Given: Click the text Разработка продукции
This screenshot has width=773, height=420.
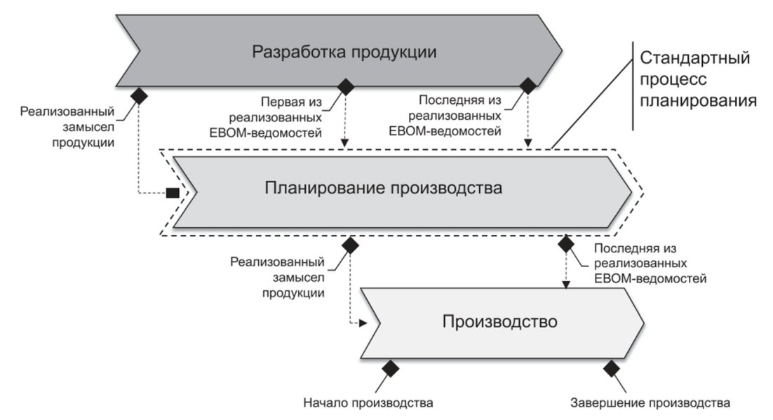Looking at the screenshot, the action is pyautogui.click(x=344, y=53).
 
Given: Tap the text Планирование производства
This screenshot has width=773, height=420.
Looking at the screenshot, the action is pyautogui.click(x=383, y=188).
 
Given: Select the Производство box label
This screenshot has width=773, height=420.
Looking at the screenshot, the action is pyautogui.click(x=499, y=321).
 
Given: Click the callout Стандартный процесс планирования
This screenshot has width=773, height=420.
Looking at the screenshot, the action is pyautogui.click(x=697, y=79).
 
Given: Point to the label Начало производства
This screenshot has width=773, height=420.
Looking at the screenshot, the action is pyautogui.click(x=368, y=402).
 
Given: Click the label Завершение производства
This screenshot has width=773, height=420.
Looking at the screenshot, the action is pyautogui.click(x=650, y=402).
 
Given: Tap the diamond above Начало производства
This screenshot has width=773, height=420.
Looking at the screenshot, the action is pyautogui.click(x=391, y=368).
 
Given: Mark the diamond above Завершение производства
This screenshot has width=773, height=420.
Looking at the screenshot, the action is pyautogui.click(x=611, y=368).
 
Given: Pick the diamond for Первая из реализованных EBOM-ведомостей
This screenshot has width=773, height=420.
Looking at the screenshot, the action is pyautogui.click(x=346, y=86).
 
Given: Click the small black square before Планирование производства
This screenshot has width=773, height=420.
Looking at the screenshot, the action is pyautogui.click(x=173, y=193).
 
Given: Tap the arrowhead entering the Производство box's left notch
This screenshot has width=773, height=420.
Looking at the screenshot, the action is pyautogui.click(x=364, y=323).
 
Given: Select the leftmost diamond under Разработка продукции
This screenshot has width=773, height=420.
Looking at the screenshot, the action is pyautogui.click(x=139, y=95).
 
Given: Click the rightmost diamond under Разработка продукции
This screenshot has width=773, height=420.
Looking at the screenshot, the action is pyautogui.click(x=528, y=86).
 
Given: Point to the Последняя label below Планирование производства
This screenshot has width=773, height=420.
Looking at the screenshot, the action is pyautogui.click(x=650, y=263).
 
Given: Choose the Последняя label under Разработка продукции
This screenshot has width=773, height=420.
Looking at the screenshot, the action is pyautogui.click(x=445, y=116).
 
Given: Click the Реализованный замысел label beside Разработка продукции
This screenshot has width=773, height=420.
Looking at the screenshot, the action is pyautogui.click(x=67, y=127).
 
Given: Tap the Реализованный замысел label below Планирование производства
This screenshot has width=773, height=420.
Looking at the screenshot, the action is pyautogui.click(x=277, y=277).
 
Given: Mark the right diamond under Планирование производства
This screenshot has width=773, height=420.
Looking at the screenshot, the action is pyautogui.click(x=565, y=243).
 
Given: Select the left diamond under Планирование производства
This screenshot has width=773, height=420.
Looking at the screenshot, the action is pyautogui.click(x=350, y=245).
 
